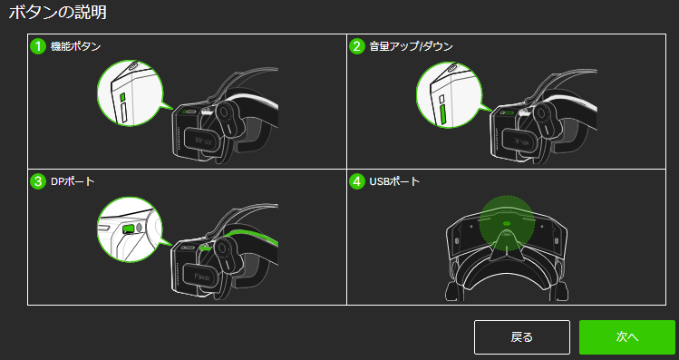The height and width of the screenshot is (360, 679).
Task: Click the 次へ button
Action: [627, 337]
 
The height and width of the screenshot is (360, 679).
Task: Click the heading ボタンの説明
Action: [58, 12]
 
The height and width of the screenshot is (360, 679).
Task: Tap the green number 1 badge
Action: [38, 46]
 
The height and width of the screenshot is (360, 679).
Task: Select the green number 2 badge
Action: [357, 46]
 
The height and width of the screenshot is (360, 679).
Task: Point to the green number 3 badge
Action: [38, 181]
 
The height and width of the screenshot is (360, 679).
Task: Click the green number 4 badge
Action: [357, 181]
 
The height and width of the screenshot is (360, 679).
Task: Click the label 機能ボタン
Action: [76, 46]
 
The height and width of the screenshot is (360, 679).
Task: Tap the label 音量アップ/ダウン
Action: [411, 46]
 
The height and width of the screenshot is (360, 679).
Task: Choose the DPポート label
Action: [73, 181]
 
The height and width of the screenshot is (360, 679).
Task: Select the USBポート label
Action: [394, 181]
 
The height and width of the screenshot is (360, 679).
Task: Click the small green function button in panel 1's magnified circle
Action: [122, 97]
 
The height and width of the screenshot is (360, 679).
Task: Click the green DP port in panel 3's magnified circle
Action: [128, 229]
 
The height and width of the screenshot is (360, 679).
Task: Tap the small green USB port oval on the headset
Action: [507, 224]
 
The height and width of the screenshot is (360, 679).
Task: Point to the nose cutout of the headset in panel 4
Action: [506, 244]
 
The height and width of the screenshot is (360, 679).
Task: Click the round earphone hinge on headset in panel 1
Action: [224, 112]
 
